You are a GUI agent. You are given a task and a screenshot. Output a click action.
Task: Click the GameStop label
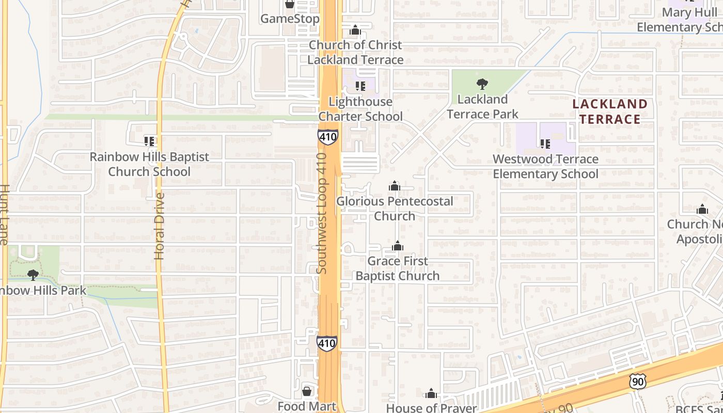click(290, 19)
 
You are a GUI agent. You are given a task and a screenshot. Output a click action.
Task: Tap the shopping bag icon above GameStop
click(290, 4)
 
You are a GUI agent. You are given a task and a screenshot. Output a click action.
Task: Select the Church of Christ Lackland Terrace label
click(355, 52)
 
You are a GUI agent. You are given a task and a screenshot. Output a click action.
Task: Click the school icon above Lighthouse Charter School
click(360, 86)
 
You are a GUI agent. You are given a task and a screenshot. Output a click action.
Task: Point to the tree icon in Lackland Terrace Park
click(482, 84)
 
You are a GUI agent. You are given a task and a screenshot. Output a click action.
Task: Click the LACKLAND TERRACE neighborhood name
click(609, 112)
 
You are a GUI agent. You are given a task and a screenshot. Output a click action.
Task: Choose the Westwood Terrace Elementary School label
click(545, 166)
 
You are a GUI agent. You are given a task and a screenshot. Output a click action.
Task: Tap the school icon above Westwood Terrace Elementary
click(545, 144)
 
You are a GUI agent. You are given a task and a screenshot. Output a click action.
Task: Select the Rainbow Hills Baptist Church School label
click(149, 164)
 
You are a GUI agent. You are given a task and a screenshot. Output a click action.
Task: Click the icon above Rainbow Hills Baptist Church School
click(149, 141)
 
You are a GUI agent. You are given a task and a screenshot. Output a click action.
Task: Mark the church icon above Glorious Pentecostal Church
click(395, 186)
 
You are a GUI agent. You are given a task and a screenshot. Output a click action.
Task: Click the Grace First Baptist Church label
click(398, 268)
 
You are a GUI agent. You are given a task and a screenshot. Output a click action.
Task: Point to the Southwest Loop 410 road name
click(322, 213)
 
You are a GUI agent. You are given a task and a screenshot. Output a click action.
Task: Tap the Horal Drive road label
click(160, 226)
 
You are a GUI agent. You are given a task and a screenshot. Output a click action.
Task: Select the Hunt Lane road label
click(4, 214)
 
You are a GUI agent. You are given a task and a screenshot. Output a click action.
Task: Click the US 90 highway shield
click(638, 382)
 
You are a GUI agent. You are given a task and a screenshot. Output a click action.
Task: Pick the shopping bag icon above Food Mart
click(307, 391)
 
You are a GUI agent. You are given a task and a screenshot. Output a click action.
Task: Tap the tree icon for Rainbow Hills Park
click(33, 275)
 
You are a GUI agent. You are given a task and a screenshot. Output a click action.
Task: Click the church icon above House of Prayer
click(431, 394)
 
